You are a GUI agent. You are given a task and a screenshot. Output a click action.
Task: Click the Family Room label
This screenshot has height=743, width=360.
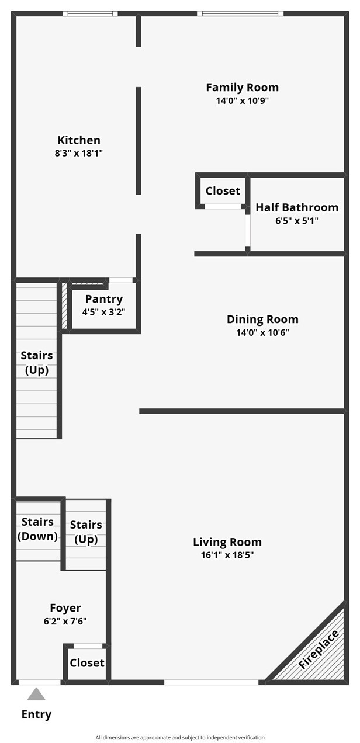[242, 88]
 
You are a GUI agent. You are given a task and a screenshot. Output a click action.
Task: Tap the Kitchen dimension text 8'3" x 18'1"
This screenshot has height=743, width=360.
[79, 153]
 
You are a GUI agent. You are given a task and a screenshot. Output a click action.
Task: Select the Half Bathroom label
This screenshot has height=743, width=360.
[297, 207]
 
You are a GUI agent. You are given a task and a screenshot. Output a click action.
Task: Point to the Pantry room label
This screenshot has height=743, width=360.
[104, 299]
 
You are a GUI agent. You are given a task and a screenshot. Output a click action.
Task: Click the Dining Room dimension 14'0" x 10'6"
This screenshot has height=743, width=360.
[262, 332]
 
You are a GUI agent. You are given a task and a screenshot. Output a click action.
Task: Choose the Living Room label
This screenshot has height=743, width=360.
[227, 542]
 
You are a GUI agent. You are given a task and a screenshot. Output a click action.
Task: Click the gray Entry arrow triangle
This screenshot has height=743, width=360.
[36, 694]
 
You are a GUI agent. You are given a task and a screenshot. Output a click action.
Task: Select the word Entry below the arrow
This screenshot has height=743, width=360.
[36, 714]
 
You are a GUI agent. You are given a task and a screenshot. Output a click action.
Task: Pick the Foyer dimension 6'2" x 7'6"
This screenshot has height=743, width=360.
[65, 621]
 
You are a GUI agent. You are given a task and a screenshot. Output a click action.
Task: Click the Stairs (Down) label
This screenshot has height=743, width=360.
[37, 529]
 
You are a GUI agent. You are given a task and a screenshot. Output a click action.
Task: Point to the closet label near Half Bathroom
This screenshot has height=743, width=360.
[223, 191]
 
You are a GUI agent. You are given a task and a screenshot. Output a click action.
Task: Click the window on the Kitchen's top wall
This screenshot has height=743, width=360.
[90, 13]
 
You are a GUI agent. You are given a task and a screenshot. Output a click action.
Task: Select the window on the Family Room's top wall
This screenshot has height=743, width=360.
[240, 13]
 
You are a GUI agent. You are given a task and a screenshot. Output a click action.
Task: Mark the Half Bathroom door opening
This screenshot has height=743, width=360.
[248, 231]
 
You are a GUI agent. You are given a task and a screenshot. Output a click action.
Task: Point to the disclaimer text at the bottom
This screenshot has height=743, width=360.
[180, 738]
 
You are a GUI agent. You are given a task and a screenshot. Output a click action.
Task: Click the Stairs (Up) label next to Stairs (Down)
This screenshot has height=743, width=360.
[86, 532]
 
